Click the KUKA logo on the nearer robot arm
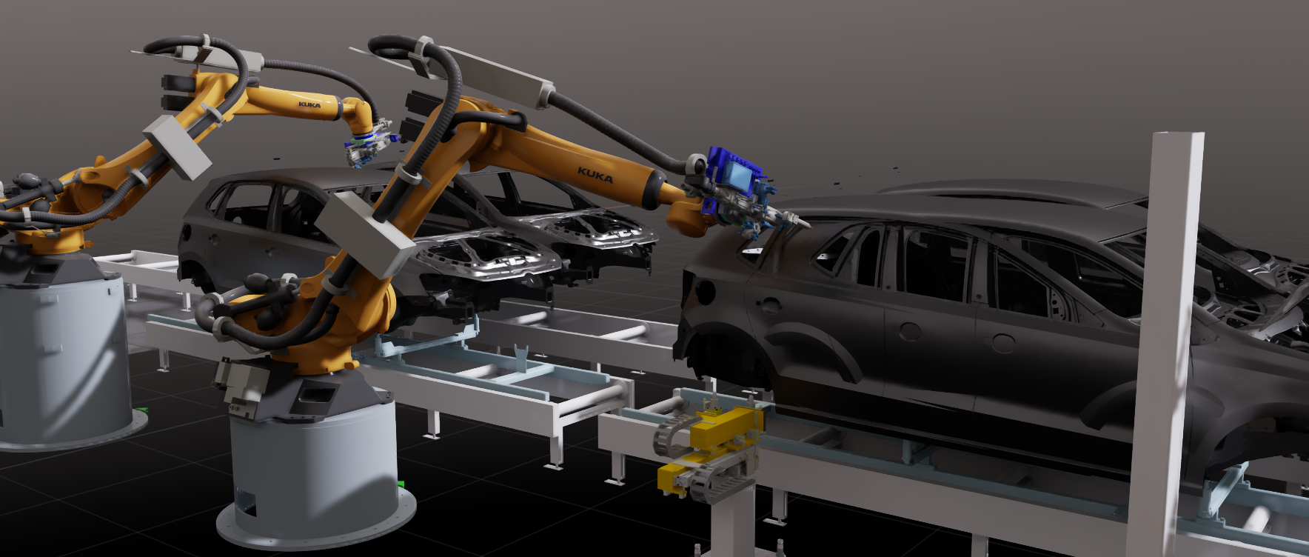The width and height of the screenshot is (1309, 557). pyautogui.click(x=595, y=176)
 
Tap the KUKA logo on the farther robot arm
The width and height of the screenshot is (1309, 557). pyautogui.click(x=309, y=104)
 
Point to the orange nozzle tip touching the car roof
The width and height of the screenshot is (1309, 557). pyautogui.click(x=799, y=220)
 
